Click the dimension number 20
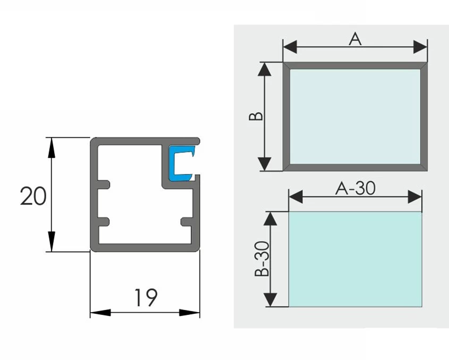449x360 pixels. coord(33,196)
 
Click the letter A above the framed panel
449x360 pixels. coord(355,39)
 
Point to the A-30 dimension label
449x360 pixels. coord(355,188)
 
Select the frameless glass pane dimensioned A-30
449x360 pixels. coord(355,259)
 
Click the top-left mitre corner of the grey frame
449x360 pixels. coord(286,66)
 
